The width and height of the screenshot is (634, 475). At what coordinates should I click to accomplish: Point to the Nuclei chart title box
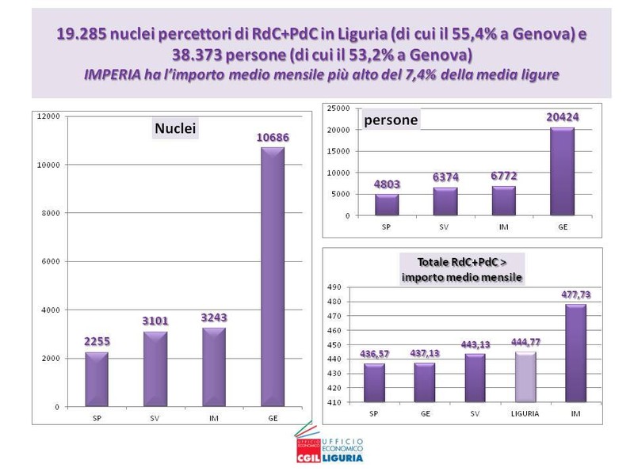click(174, 128)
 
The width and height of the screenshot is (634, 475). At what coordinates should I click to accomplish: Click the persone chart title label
click(389, 120)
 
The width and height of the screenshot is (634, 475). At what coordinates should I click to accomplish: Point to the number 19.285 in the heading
click(82, 35)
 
